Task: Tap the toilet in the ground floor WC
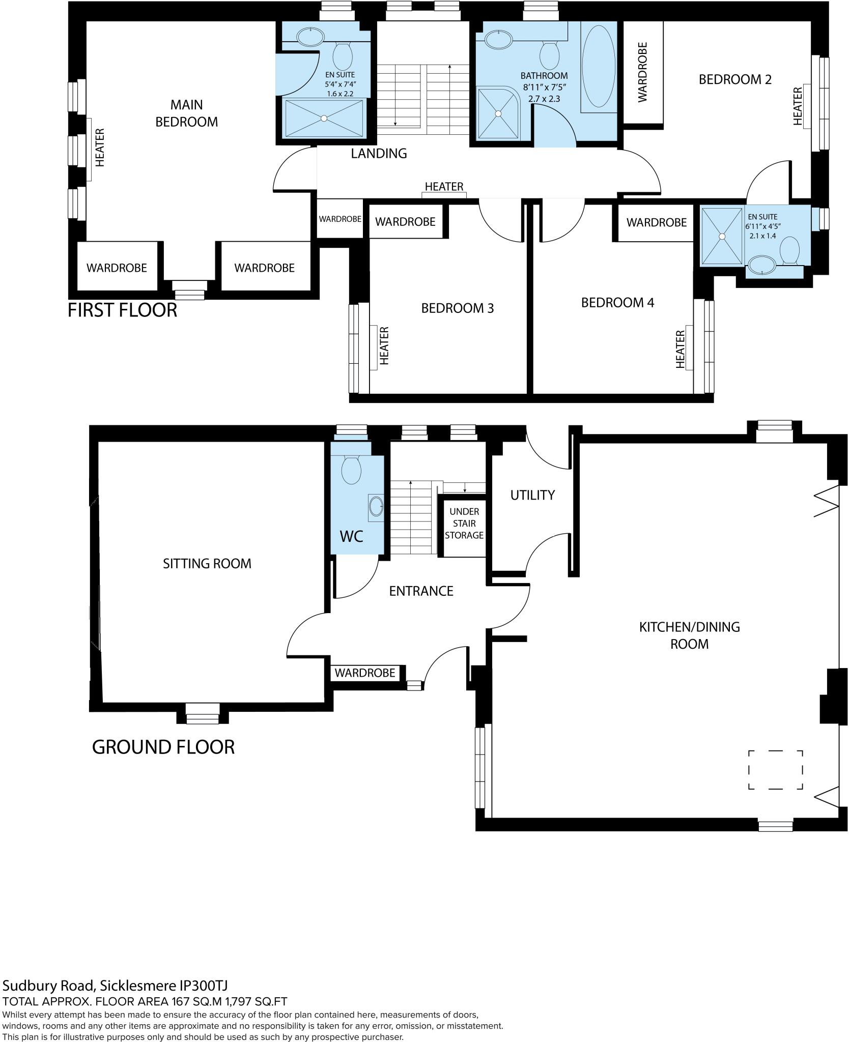(x=351, y=469)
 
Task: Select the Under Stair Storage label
(x=464, y=523)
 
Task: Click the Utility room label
(x=532, y=495)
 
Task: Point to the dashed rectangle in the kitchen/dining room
(x=775, y=769)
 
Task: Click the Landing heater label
(x=444, y=187)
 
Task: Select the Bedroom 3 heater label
(x=384, y=346)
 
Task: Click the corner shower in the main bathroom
(x=498, y=112)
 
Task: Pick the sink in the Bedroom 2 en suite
(x=761, y=265)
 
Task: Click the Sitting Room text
(x=207, y=564)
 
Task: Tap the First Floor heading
(x=122, y=310)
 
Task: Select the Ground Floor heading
(x=163, y=747)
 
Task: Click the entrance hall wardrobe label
(x=364, y=673)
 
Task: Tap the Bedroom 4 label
(x=617, y=303)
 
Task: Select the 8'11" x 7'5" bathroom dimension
(x=544, y=87)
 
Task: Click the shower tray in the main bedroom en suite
(x=324, y=118)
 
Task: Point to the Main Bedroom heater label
(x=100, y=148)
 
